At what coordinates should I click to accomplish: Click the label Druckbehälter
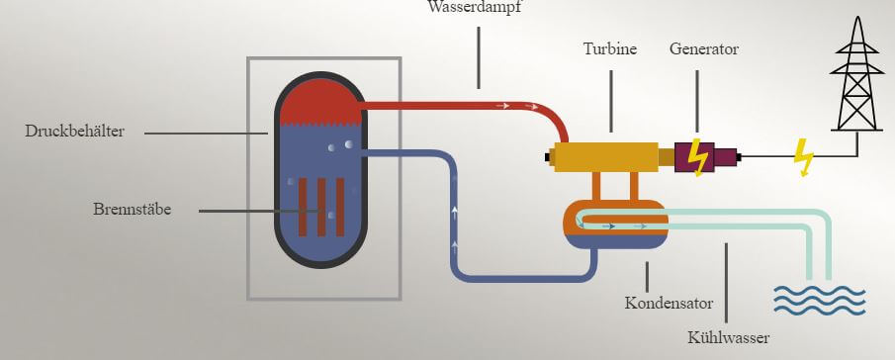coord(74,132)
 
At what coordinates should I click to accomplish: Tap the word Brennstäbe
coord(132,210)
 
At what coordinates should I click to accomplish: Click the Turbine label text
coord(609,49)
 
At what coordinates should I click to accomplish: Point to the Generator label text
coord(704,49)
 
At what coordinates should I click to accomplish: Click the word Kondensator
coord(669,303)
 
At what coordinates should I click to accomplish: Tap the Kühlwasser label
coord(728,338)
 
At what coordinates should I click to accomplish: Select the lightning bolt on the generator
coord(697,157)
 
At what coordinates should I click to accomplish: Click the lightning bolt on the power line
coord(804,157)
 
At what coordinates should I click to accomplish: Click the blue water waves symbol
coord(820,300)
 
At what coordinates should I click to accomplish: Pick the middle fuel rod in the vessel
coord(321,207)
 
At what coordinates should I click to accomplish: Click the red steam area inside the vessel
coord(320,102)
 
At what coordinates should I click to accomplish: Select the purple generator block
coord(705,157)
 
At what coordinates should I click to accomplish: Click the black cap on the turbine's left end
coord(550,157)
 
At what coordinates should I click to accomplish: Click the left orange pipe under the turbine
coord(596,185)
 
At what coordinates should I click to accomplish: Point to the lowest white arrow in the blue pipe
coord(454,247)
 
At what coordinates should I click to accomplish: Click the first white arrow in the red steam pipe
coord(502,106)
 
